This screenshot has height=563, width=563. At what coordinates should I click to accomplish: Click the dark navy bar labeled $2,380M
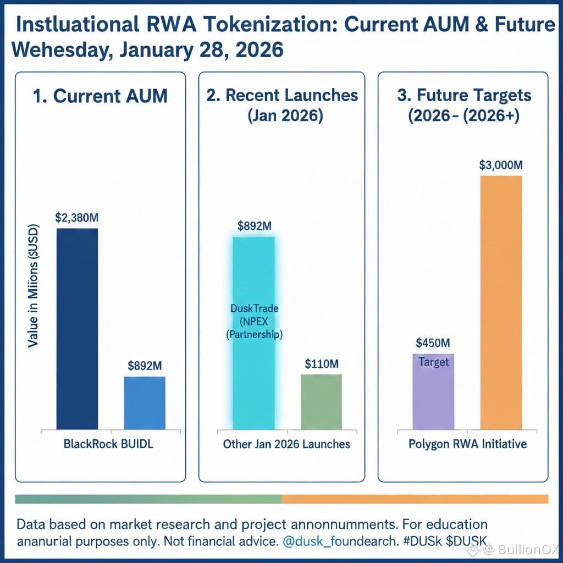click(78, 328)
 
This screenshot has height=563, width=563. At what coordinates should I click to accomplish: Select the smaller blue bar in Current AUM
click(145, 402)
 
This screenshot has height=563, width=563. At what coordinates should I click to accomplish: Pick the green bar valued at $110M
click(322, 401)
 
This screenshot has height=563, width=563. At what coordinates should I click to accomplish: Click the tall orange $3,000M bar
click(501, 302)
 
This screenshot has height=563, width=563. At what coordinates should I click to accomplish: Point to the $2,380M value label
click(77, 217)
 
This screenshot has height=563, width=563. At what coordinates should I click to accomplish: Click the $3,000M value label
click(501, 165)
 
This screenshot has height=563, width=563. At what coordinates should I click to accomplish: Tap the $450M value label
click(433, 343)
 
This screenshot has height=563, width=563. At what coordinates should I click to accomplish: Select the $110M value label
click(322, 363)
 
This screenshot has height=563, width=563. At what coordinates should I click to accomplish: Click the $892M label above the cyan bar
click(254, 225)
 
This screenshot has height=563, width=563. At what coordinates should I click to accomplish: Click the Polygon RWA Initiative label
click(467, 444)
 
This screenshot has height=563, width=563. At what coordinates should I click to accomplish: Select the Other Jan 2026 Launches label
click(286, 444)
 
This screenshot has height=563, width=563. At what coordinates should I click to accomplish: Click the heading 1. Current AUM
click(100, 96)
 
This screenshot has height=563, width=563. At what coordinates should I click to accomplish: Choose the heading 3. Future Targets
click(464, 95)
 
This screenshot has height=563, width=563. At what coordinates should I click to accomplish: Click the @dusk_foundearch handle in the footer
click(338, 541)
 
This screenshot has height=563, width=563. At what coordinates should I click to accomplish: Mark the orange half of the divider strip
click(415, 499)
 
